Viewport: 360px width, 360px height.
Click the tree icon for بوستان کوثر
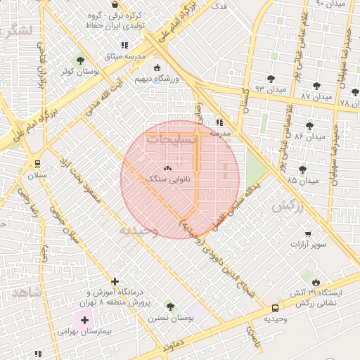click(x=80, y=60)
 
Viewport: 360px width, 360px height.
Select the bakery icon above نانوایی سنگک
click(x=167, y=169)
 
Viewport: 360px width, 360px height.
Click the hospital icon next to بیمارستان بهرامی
click(x=85, y=320)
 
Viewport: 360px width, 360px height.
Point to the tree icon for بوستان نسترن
click(x=169, y=306)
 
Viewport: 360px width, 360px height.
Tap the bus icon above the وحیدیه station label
click(x=275, y=307)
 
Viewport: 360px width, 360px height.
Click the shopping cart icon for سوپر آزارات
click(x=308, y=233)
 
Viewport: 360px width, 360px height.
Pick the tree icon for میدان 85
click(x=302, y=169)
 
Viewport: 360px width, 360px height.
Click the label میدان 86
click(x=313, y=136)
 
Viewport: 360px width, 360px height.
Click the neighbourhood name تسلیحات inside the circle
click(x=171, y=139)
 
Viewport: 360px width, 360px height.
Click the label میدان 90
click(x=330, y=4)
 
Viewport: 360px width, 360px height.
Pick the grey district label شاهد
click(x=27, y=291)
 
